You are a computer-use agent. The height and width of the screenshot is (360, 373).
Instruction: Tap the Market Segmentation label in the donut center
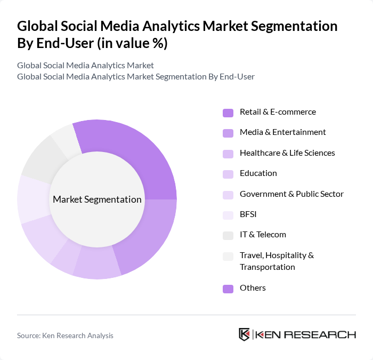[97, 199]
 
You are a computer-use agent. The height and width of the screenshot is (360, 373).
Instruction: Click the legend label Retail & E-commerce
[278, 112]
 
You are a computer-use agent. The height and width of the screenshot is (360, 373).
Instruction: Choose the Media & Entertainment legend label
[282, 132]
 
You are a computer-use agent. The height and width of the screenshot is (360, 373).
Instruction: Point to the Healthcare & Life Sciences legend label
[287, 153]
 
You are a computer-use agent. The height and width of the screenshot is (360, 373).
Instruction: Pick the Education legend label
[258, 173]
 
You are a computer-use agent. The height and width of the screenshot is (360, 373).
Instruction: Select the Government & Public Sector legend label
[291, 194]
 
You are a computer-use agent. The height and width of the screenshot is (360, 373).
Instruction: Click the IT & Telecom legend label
[263, 235]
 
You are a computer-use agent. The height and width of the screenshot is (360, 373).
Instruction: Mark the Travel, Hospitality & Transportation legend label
[277, 261]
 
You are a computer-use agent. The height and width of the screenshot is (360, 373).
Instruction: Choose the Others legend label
[253, 288]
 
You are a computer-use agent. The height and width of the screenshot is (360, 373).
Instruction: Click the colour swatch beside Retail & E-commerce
[228, 113]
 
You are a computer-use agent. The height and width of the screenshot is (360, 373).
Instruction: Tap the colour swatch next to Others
[228, 289]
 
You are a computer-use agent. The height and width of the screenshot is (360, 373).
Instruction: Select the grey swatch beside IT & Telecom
[228, 235]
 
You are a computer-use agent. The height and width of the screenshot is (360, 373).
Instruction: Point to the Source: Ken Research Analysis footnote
[65, 335]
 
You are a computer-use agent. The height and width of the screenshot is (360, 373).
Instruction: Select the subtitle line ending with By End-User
[135, 76]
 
